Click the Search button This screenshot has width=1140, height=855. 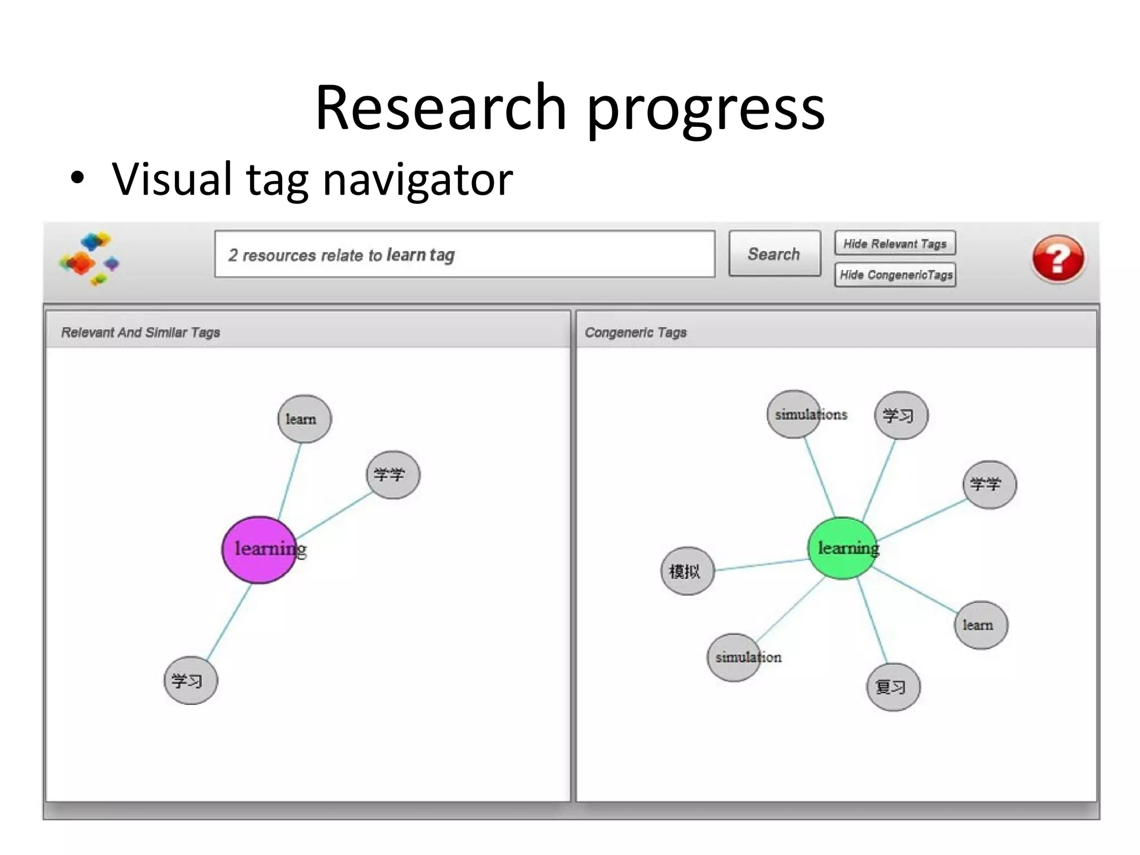(x=774, y=254)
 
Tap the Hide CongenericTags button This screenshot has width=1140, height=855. (x=895, y=275)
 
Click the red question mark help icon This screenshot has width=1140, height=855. (x=1058, y=258)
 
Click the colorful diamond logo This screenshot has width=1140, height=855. (x=89, y=258)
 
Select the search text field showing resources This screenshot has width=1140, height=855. (x=464, y=254)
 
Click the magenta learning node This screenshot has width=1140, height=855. (x=259, y=549)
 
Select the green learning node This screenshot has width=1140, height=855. (x=842, y=548)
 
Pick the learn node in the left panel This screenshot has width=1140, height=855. (x=304, y=419)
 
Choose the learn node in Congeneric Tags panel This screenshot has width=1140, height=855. (x=981, y=625)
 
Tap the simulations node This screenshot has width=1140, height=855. (x=794, y=415)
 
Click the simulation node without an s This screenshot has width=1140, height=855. (x=734, y=657)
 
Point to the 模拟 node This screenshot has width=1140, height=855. (x=687, y=571)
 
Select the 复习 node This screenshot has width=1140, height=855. (x=893, y=687)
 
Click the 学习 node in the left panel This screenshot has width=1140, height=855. (x=190, y=681)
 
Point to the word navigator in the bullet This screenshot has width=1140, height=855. (x=417, y=179)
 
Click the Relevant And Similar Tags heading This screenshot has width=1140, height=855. (x=141, y=332)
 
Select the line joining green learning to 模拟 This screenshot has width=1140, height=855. (x=761, y=564)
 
